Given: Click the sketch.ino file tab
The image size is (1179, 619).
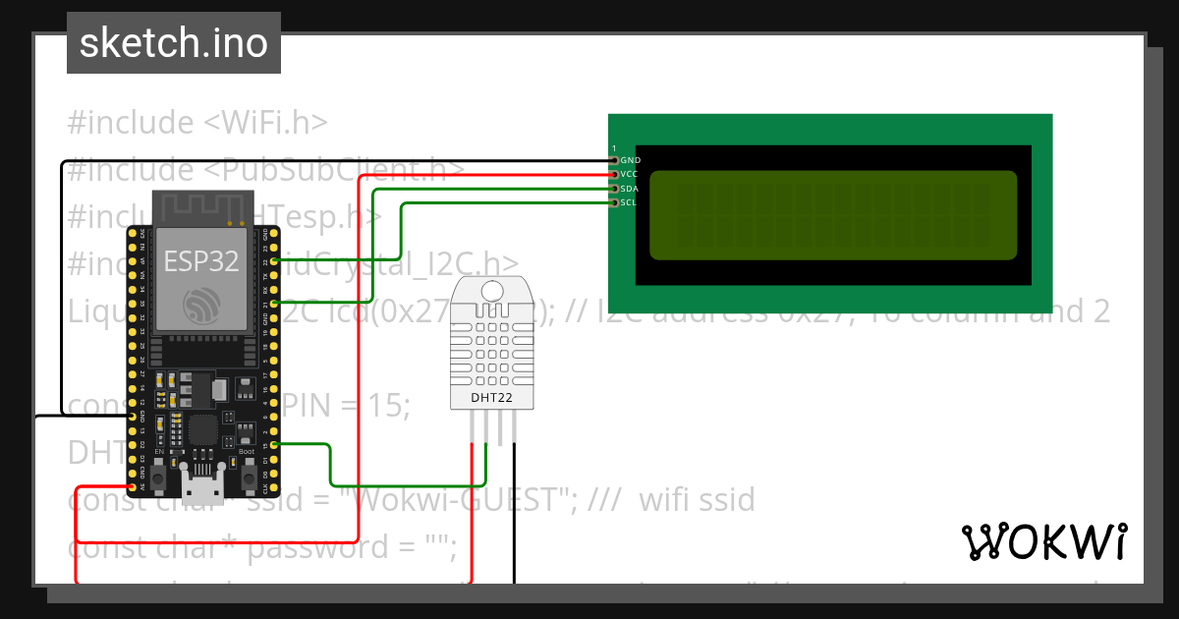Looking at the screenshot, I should coord(173,43).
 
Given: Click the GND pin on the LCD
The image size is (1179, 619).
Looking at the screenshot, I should coord(615,159).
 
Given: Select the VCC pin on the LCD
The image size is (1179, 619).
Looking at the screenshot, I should coord(615,174).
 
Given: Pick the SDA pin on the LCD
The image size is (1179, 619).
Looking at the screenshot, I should coord(615,188).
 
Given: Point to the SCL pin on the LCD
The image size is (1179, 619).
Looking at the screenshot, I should coord(615,202).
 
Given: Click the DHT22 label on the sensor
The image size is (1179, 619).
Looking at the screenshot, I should coord(494,398).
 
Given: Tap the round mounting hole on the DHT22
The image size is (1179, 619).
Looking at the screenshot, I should coord(494,290).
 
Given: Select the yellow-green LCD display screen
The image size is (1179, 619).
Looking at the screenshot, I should coord(833,216).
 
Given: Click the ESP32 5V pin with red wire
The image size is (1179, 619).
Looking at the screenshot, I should coord(133,486).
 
